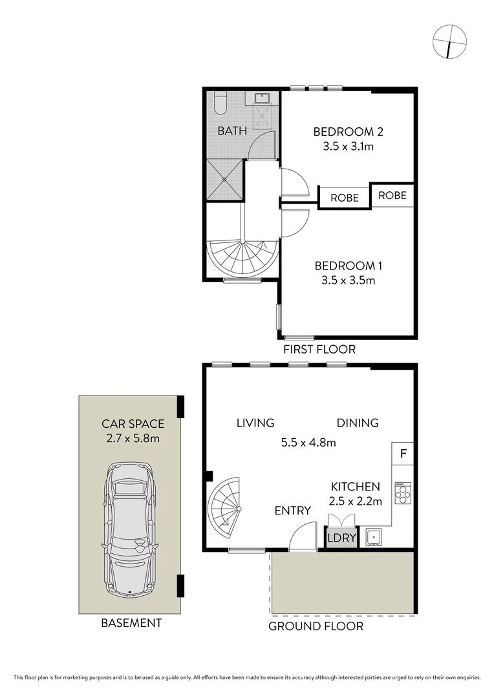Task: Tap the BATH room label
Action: (231, 131)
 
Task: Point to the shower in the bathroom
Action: (225, 178)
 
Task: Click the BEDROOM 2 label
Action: (348, 132)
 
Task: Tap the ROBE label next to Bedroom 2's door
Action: (344, 198)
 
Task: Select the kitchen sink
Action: (373, 536)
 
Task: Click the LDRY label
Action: (340, 537)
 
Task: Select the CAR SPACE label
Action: (133, 425)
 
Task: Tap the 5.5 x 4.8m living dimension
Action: (308, 443)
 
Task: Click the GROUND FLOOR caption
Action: (316, 626)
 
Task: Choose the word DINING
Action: (357, 423)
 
